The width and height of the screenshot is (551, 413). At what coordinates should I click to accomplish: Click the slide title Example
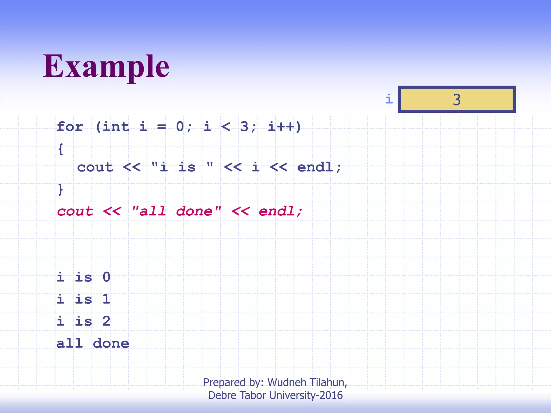click(x=106, y=66)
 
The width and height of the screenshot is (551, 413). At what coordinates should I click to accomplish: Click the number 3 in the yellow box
click(x=457, y=100)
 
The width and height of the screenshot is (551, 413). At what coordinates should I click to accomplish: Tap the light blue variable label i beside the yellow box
click(x=389, y=99)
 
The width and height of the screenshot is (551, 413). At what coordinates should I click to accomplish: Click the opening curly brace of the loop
click(x=61, y=149)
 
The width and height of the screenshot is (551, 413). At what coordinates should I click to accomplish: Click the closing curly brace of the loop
click(x=61, y=190)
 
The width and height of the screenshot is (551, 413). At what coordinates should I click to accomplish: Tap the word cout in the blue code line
click(x=95, y=167)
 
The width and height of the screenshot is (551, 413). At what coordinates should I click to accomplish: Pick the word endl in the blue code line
click(x=315, y=167)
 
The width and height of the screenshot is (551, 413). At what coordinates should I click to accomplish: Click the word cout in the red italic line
click(x=75, y=211)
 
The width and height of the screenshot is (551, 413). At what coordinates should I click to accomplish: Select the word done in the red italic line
click(x=194, y=211)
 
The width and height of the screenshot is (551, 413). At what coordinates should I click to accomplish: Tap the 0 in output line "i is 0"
click(x=107, y=277)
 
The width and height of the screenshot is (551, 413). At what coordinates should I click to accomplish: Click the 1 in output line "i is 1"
click(x=107, y=299)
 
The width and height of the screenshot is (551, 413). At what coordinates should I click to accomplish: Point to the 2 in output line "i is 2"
click(x=107, y=321)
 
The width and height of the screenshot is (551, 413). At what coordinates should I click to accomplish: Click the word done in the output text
click(x=111, y=343)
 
